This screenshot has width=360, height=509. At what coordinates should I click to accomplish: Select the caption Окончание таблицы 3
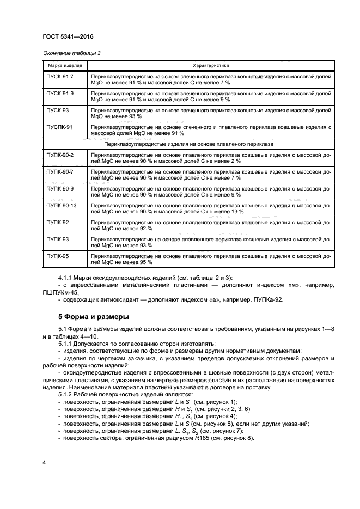click(x=71, y=53)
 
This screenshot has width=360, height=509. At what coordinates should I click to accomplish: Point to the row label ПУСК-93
click(x=57, y=110)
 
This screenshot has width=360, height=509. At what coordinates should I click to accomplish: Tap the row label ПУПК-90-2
click(x=60, y=155)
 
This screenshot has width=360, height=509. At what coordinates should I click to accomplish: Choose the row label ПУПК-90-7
click(x=60, y=171)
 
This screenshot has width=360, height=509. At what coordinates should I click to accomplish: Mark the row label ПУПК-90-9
click(x=60, y=188)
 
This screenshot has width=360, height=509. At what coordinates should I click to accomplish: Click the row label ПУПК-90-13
click(x=62, y=205)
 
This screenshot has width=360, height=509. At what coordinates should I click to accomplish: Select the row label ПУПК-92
click(x=57, y=222)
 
